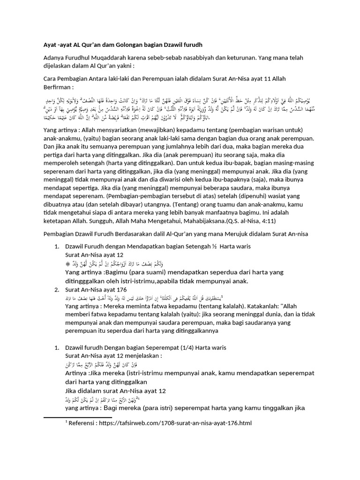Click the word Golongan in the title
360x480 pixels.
126,44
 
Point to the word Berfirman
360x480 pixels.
58,88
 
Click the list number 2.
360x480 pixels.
57,290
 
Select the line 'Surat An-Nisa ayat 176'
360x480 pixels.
96,290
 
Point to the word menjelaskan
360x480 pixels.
141,356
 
